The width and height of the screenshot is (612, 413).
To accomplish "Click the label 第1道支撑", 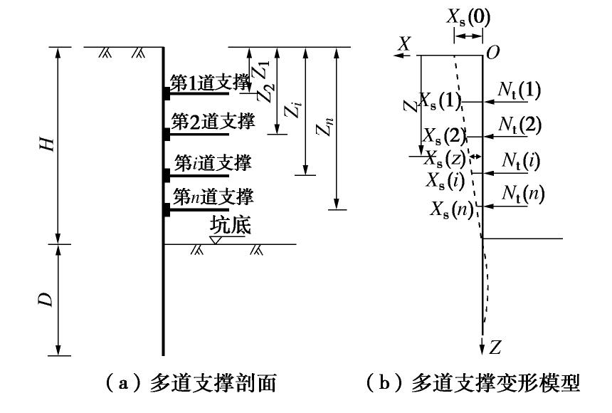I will pos(211,83).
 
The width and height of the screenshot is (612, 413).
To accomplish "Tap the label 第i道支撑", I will pos(211,163).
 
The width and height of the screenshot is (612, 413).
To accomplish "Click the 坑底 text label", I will pos(228,226).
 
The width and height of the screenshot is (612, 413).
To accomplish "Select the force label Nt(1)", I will pos(519,90).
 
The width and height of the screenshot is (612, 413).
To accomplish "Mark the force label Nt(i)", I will pos(519,162).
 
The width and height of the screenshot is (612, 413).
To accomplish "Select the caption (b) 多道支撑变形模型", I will pos(471,385).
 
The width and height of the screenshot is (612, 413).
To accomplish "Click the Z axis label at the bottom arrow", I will pos(497,347).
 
